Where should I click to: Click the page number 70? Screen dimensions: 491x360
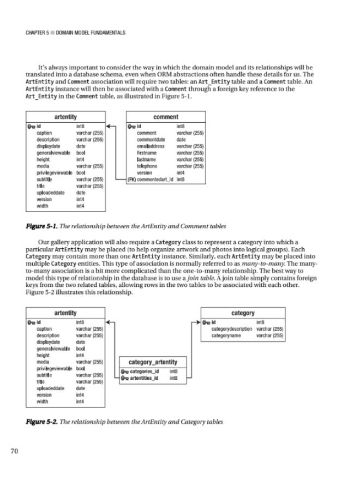click(x=15, y=451)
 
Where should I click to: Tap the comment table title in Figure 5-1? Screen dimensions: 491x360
click(x=165, y=117)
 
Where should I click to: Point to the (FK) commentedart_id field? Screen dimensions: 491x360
click(x=151, y=179)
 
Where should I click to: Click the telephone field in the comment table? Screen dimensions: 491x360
click(x=147, y=166)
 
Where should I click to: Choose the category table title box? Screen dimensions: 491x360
click(x=243, y=313)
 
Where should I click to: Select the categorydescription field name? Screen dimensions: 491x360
click(x=232, y=329)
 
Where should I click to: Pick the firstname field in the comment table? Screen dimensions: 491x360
click(x=147, y=153)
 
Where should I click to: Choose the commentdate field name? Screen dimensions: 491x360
click(x=151, y=140)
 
